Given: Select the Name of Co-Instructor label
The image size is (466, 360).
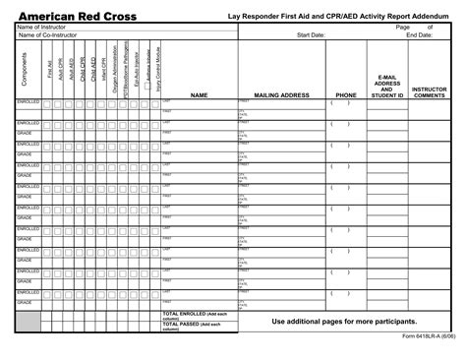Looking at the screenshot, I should tap(46, 35).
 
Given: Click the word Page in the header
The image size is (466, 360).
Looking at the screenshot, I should tap(402, 28).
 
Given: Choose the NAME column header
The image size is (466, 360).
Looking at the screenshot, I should tap(200, 95).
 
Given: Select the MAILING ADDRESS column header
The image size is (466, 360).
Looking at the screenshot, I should tap(282, 95).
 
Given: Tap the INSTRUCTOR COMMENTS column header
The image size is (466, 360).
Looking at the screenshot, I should tap(430, 91).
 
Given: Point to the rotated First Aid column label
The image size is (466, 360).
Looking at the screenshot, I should tap(49, 69).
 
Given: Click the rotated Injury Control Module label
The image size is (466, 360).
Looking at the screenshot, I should tap(158, 69).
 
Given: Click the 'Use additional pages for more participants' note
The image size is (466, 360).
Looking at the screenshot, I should tap(351, 321).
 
